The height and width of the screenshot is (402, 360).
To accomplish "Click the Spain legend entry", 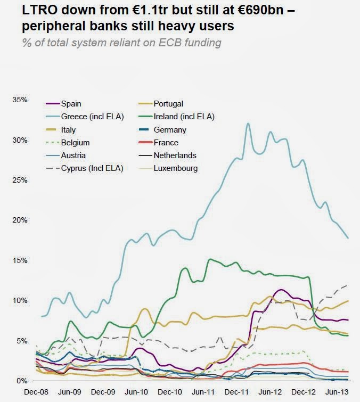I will click(x=71, y=104).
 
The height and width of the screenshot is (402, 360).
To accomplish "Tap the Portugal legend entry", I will click(x=168, y=104).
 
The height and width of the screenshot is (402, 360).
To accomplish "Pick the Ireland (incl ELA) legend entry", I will click(x=184, y=117).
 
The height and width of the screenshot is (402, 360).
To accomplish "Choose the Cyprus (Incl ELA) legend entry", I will click(x=92, y=169).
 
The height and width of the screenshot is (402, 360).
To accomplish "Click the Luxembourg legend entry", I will click(x=175, y=169).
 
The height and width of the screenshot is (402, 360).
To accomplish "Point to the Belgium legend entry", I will click(x=75, y=143).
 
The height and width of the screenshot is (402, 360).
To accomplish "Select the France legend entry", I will click(x=166, y=143).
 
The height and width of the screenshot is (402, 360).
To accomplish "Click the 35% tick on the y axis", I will click(x=19, y=100).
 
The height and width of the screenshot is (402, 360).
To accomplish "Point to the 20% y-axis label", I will click(x=19, y=220).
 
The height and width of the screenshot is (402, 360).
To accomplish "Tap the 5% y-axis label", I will click(x=21, y=340).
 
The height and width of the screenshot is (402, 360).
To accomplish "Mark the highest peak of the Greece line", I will click(x=248, y=124).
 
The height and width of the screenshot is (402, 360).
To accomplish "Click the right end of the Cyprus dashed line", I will click(x=348, y=285).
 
